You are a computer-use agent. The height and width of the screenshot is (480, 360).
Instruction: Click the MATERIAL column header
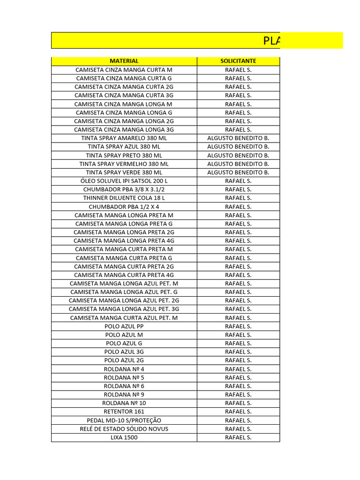pos(124,61)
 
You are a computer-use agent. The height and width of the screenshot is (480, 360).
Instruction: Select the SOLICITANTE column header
pos(238,61)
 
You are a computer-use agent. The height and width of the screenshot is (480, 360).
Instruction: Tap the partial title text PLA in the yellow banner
pos(271,41)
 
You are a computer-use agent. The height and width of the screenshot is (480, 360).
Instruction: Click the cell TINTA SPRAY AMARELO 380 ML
pos(124,138)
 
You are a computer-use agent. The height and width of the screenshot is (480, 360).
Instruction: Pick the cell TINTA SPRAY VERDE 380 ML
pos(124,172)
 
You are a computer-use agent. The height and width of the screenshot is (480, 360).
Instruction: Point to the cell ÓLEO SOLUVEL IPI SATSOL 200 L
pos(124,181)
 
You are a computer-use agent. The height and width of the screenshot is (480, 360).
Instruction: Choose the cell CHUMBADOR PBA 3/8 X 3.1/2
pos(124,189)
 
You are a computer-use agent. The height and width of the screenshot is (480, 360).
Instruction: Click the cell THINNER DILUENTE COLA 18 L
pos(124,198)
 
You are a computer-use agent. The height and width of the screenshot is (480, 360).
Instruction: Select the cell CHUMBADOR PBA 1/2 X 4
pos(124,207)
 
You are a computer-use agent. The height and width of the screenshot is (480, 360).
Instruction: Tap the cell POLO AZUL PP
pos(124,326)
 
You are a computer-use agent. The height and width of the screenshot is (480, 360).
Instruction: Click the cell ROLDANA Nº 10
pos(124,403)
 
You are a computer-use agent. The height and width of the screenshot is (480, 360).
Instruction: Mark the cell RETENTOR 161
pos(124,412)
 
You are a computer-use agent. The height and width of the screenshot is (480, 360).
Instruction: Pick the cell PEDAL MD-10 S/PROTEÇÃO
pos(124,420)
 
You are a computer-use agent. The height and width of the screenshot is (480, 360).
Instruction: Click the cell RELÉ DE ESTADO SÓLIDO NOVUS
pos(124,429)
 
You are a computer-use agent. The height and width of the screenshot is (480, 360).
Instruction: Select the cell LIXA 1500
pos(124,437)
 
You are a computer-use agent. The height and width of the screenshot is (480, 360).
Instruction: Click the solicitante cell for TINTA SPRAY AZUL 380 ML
pos(238,147)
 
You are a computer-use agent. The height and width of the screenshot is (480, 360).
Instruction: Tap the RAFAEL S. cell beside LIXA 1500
pos(238,437)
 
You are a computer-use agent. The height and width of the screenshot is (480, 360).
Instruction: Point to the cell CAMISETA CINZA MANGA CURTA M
pos(124,70)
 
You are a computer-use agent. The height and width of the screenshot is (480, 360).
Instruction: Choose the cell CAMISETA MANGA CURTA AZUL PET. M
pos(124,318)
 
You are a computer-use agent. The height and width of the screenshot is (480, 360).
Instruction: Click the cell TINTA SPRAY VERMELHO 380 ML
pos(124,164)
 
